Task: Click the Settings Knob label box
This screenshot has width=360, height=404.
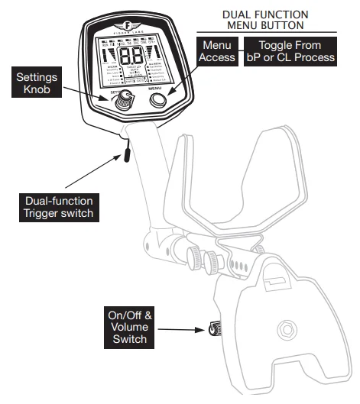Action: (x=36, y=82)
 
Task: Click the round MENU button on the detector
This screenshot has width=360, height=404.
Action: (x=160, y=101)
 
